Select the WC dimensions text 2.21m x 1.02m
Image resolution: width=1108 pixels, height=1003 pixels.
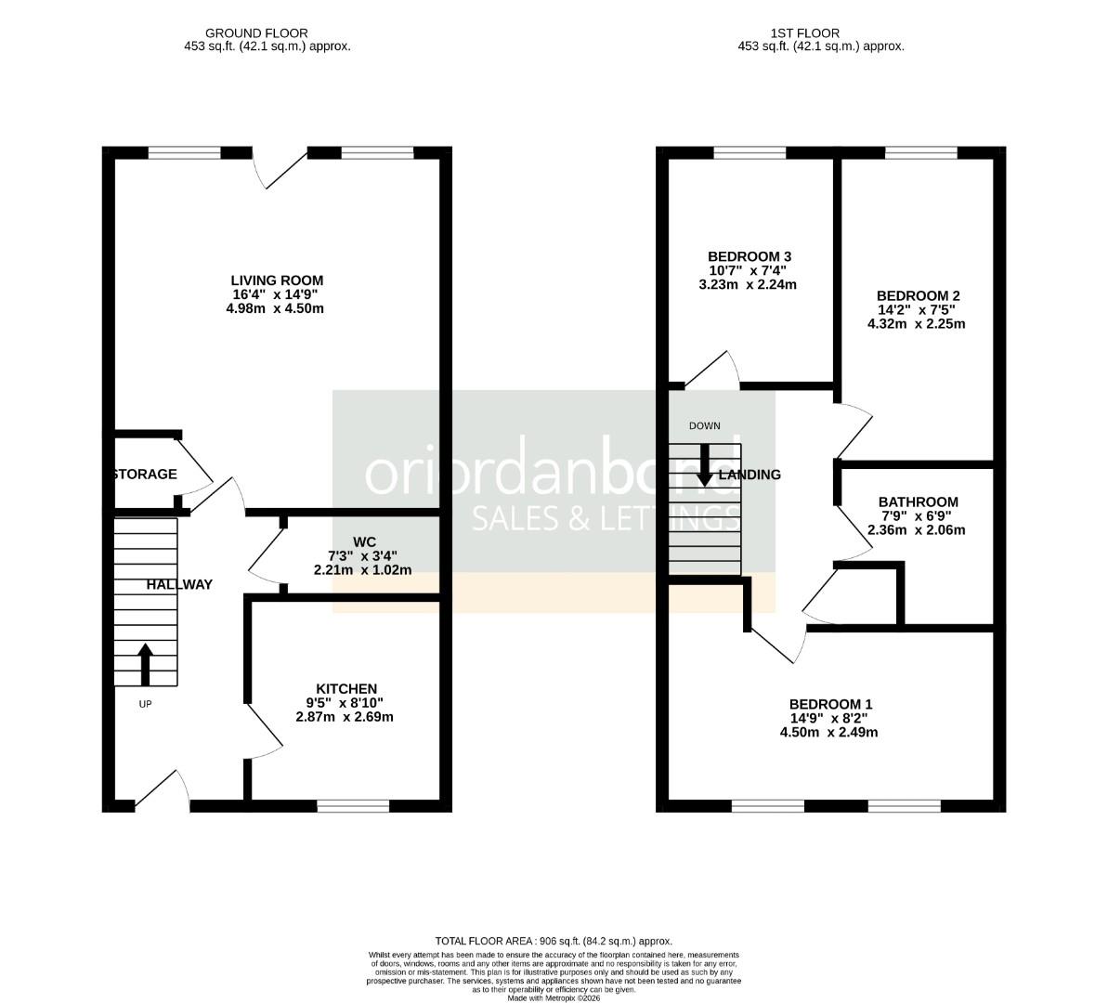pos(362,570)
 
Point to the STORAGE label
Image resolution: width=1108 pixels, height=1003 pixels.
pos(145,475)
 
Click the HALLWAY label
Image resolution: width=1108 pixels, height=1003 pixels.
pos(179,584)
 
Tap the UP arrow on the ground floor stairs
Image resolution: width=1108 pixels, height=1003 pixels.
pos(145,663)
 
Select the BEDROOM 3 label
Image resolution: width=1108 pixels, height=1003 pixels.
pos(749,256)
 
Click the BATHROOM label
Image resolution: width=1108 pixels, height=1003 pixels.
pos(918,501)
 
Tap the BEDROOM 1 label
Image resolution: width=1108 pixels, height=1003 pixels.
pos(830,704)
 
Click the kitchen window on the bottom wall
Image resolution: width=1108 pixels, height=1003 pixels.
pos(353,805)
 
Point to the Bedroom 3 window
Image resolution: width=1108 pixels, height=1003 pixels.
pos(749,153)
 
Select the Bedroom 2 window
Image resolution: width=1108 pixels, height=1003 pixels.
pos(920,153)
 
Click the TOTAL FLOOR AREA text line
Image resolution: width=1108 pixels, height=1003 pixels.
pos(554,941)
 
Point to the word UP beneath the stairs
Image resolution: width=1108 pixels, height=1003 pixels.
pos(145,704)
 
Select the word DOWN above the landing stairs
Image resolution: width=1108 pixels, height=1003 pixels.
pos(704,426)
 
